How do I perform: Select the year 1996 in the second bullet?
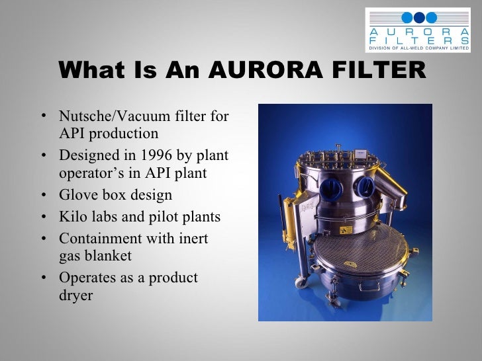point(159,156)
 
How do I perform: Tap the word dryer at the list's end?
point(75,295)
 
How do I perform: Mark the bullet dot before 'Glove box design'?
point(43,196)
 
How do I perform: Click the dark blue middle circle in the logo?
point(420,18)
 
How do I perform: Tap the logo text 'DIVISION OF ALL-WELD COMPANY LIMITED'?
point(420,48)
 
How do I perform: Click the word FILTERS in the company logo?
point(420,40)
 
